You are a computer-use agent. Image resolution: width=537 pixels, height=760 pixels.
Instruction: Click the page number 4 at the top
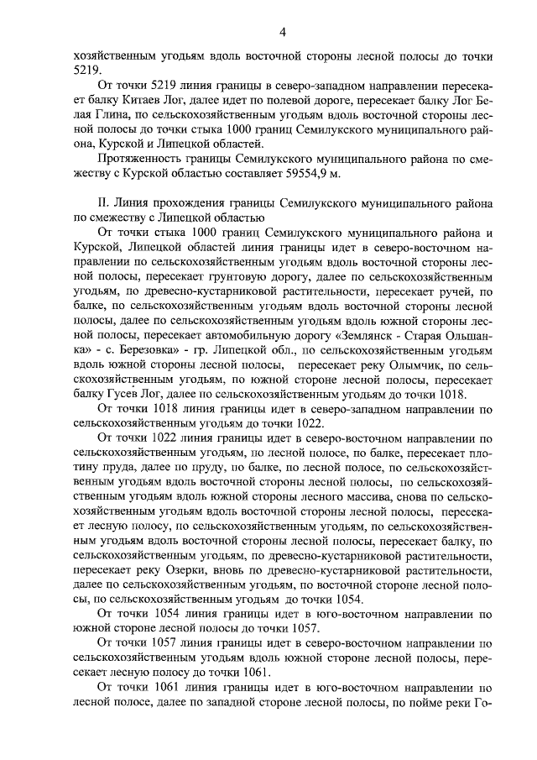click(283, 32)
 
